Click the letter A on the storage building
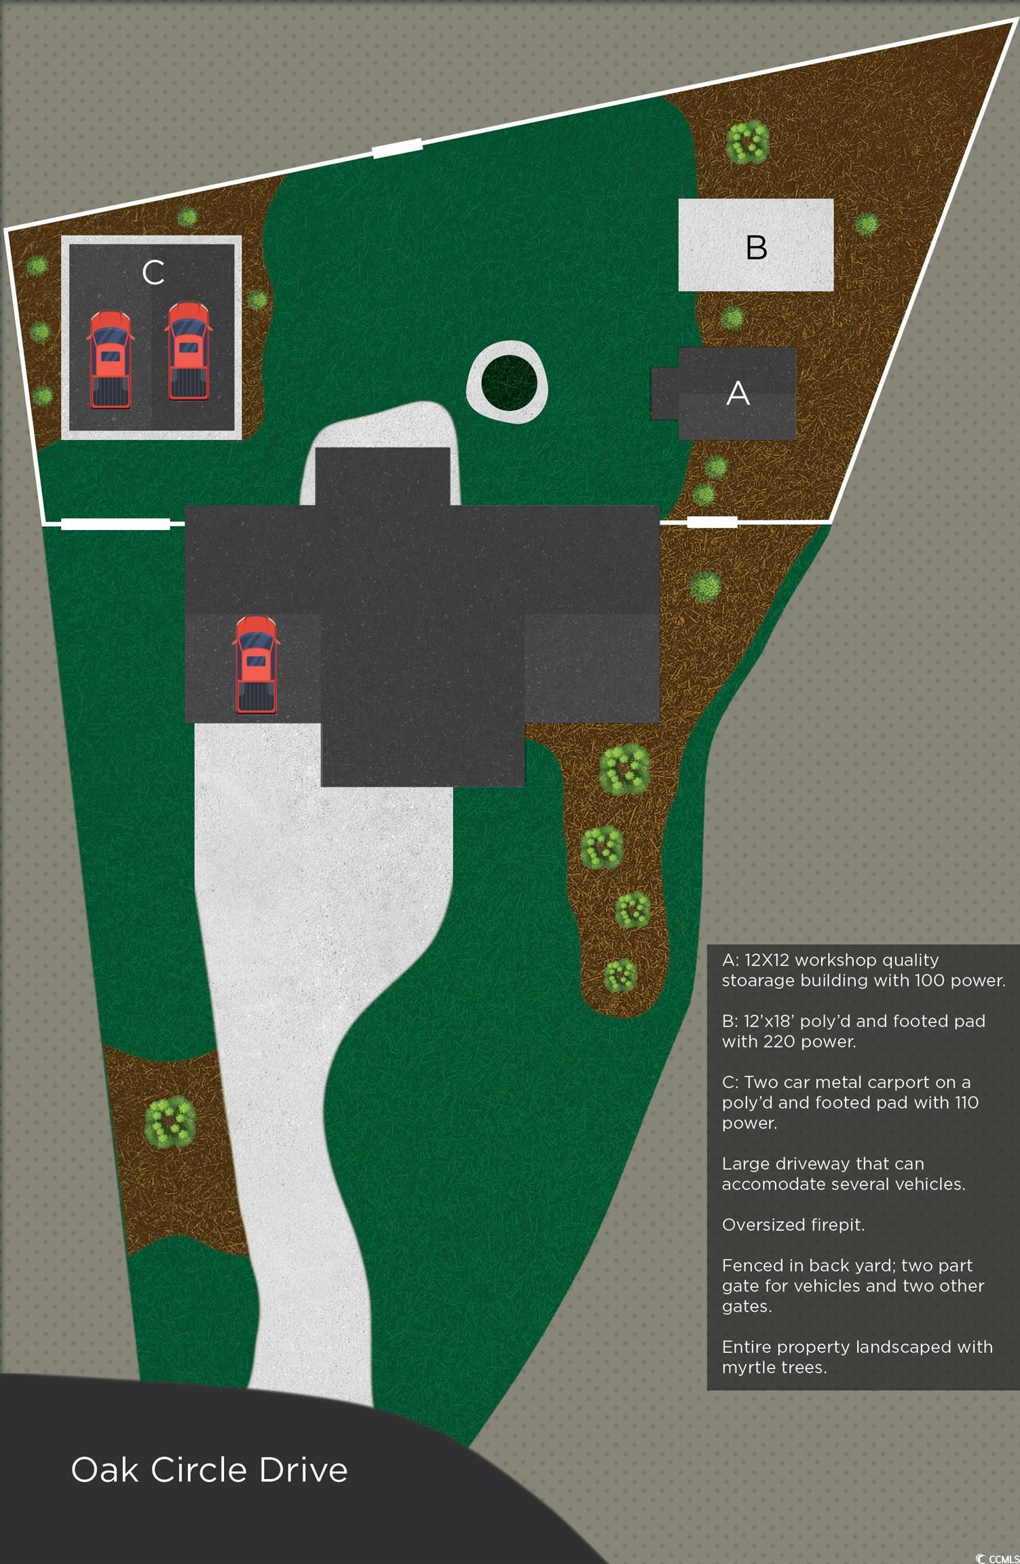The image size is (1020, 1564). click(738, 393)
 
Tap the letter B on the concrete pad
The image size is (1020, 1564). click(756, 248)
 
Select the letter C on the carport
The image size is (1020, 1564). click(153, 272)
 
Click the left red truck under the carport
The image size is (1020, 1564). click(110, 359)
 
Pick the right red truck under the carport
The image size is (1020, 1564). click(189, 351)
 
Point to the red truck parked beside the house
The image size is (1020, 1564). click(256, 665)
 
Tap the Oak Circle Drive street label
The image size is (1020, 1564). click(209, 1470)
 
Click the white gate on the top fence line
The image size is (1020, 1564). click(398, 148)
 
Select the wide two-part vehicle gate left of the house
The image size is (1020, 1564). click(115, 523)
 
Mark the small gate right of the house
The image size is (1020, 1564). click(712, 521)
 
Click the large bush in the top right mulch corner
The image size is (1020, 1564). click(747, 143)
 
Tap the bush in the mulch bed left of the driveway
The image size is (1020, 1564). click(170, 1121)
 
